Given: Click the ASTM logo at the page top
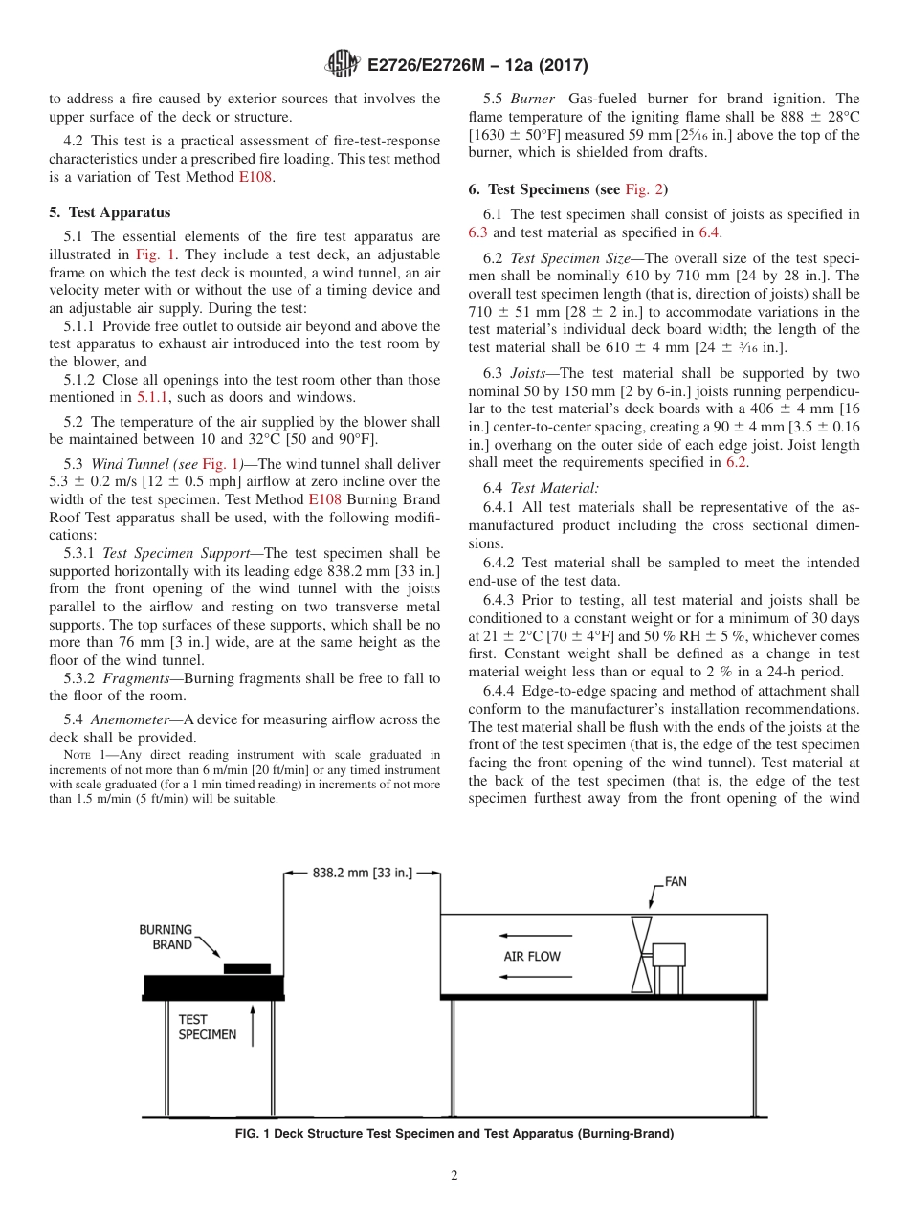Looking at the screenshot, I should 342,66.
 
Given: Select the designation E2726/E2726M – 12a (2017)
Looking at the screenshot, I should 477,66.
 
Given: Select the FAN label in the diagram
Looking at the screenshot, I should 676,881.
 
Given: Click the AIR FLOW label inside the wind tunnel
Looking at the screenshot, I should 532,956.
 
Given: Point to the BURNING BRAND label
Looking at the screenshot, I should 166,937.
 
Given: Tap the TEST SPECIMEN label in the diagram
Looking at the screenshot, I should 208,1027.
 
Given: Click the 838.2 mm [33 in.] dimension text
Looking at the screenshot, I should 363,873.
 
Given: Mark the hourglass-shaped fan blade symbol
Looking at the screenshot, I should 641,955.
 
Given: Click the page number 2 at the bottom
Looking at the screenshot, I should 454,1176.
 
